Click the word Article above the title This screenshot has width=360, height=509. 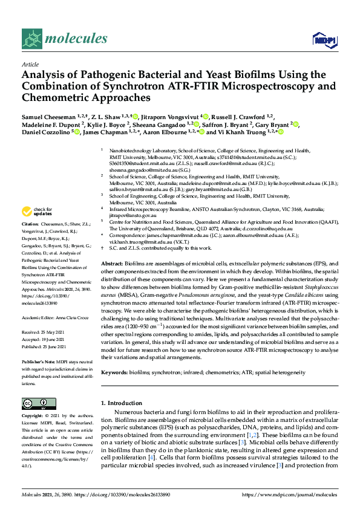coord(30,64)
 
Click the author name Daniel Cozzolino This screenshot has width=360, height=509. coord(46,132)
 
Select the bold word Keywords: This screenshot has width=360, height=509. coord(116,373)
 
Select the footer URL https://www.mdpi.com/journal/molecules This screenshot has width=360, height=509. coord(289,494)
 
